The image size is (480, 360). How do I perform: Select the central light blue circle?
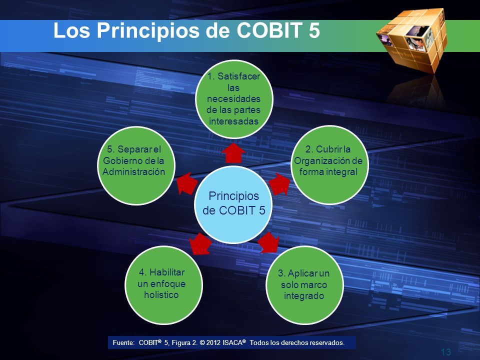pyautogui.click(x=233, y=204)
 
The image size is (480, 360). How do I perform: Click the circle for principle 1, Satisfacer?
pyautogui.click(x=234, y=99)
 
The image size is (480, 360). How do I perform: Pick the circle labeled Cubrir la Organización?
pyautogui.click(x=329, y=165)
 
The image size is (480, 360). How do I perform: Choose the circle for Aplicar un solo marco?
pyautogui.click(x=304, y=284)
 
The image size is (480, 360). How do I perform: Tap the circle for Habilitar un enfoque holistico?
pyautogui.click(x=163, y=284)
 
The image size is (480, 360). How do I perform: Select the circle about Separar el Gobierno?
pyautogui.click(x=136, y=165)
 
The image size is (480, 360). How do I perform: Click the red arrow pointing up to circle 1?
pyautogui.click(x=233, y=153)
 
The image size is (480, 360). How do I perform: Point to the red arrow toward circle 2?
pyautogui.click(x=279, y=183)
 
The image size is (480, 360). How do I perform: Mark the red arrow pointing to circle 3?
pyautogui.click(x=268, y=243)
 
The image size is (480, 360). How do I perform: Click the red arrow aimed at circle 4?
pyautogui.click(x=200, y=243)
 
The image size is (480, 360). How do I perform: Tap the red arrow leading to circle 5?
pyautogui.click(x=187, y=183)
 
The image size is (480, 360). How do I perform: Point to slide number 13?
pyautogui.click(x=446, y=352)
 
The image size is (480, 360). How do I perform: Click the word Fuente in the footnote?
pyautogui.click(x=123, y=343)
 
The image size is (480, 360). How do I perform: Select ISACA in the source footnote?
pyautogui.click(x=232, y=343)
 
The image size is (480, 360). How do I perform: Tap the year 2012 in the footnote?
pyautogui.click(x=213, y=343)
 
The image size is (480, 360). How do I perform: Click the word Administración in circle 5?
pyautogui.click(x=134, y=171)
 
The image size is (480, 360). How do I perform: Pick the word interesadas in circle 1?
pyautogui.click(x=233, y=121)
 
